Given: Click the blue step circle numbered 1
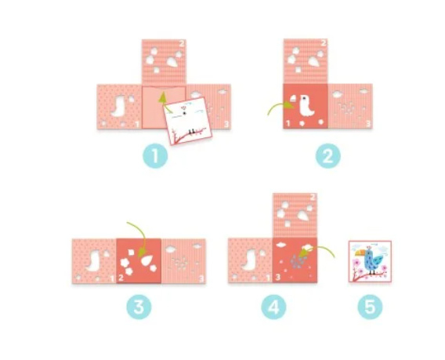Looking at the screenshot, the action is coord(155,156).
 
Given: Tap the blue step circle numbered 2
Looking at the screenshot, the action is coord(328,156).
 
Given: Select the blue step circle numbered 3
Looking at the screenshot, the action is coord(139,307).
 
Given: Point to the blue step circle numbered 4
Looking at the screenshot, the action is coord(273,307).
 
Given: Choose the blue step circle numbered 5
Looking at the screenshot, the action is coord(370,307).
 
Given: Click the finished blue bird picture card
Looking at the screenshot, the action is coord(370,261).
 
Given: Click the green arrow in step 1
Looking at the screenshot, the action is coord(165,102).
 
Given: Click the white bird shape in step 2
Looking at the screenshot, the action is coord(306,105).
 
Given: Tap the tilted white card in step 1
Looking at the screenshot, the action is coord(188,121).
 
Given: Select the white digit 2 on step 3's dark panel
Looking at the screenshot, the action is coord(121,278).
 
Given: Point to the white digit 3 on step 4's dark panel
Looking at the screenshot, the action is coord(277,277).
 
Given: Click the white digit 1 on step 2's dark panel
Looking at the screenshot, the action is coord(288,124).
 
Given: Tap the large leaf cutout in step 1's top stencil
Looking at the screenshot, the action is coord(172,62).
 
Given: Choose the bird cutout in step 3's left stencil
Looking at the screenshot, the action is coord(94,260).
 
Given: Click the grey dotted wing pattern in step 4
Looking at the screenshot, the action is coord(298,261).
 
